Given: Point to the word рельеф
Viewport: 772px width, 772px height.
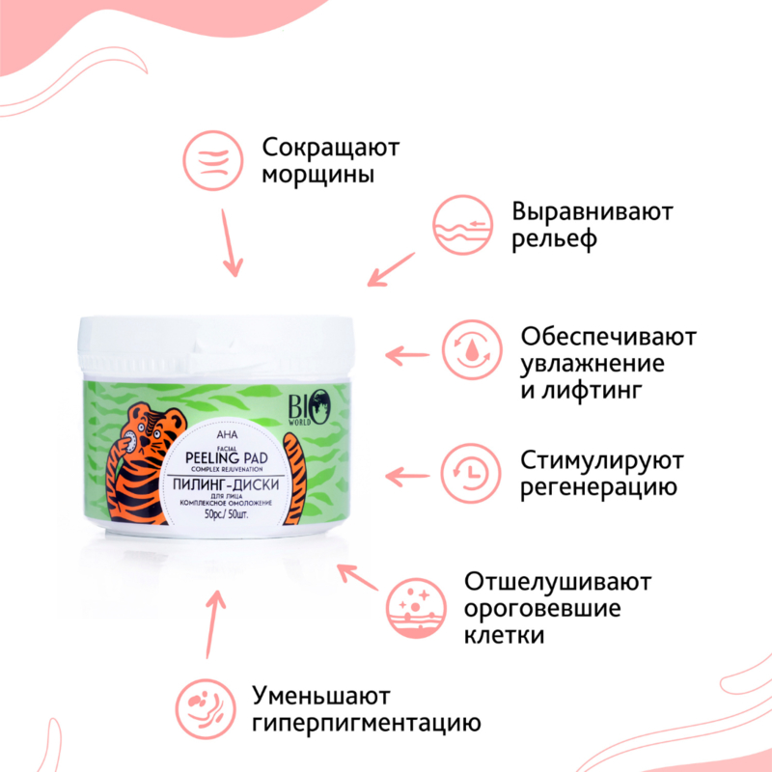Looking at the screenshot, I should click(557, 238).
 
